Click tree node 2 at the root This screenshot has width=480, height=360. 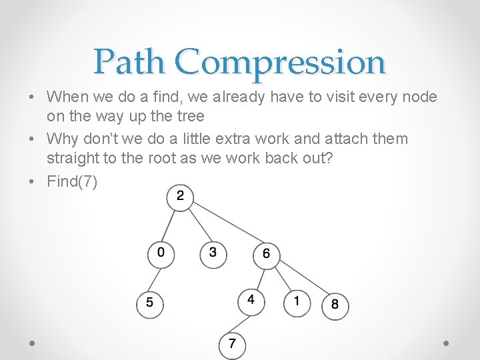(180, 197)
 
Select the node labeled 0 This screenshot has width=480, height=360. (161, 253)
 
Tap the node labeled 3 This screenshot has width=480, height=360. (213, 253)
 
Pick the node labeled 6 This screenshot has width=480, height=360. (266, 254)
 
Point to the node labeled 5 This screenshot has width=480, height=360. (149, 303)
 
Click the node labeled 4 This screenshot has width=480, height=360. (251, 300)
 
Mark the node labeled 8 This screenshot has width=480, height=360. (335, 305)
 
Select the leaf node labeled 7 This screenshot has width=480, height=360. (232, 345)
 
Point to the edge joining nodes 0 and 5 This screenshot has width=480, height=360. (155, 278)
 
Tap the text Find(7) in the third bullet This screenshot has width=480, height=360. (72, 181)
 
